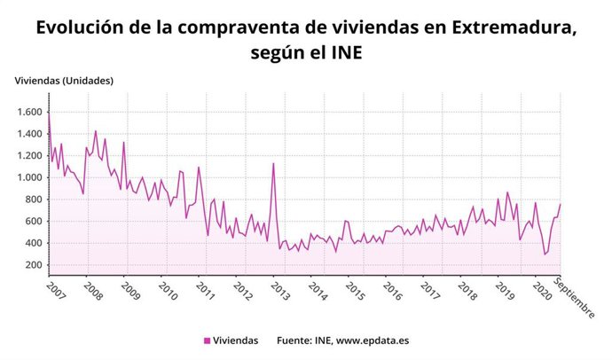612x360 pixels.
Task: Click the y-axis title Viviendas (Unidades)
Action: pos(64,82)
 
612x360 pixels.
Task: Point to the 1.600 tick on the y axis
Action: pos(28,113)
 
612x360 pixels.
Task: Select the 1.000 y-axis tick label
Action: pos(28,178)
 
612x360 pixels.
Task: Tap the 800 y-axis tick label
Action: pos(32,200)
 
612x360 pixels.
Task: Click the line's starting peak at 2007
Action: pos(49,113)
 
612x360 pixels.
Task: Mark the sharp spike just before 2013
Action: pos(273,163)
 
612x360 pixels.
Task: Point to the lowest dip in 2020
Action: pos(545,254)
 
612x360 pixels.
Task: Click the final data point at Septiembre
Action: pos(561,205)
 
